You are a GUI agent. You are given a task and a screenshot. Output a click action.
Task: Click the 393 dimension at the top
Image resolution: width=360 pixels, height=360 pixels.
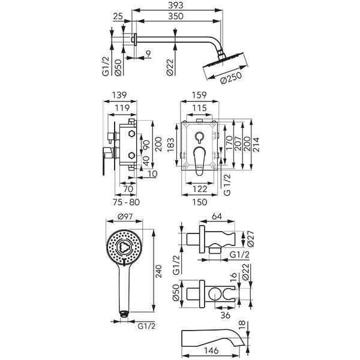(175, 5)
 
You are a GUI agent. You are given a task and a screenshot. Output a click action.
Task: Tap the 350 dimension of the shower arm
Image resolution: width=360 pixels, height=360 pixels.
(175, 17)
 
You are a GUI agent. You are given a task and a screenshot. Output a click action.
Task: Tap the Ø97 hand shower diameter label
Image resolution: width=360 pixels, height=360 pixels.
(125, 217)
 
